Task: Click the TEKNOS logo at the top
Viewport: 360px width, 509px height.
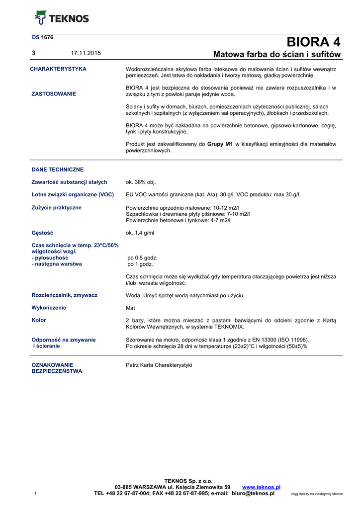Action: [x=61, y=18]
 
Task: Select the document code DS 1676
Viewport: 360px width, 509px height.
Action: [x=43, y=37]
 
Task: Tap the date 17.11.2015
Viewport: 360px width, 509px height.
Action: [x=86, y=53]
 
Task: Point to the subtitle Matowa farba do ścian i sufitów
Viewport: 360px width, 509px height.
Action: [x=277, y=54]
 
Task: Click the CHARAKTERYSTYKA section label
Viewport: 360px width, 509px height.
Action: [x=58, y=69]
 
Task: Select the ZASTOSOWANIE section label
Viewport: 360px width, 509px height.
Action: [x=54, y=94]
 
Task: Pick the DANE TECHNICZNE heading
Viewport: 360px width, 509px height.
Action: [x=57, y=170]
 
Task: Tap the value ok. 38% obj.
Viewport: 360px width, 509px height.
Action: [x=141, y=182]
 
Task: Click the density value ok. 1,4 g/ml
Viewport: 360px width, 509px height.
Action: [x=140, y=233]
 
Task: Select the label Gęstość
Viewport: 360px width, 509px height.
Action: [x=42, y=233]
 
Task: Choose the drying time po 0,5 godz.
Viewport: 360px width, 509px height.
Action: [x=142, y=258]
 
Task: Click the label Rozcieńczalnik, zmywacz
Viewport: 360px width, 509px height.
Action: [x=64, y=295]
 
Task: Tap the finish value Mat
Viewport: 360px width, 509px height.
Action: [x=131, y=308]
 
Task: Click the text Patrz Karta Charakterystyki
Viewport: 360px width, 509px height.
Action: [x=159, y=365]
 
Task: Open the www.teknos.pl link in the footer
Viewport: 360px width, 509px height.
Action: [x=261, y=487]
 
